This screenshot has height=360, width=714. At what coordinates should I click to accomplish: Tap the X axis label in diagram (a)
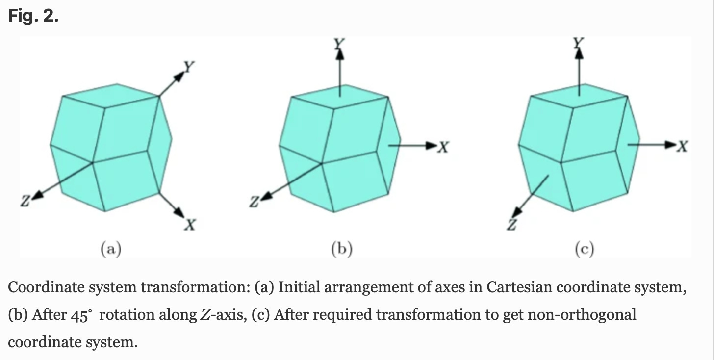point(190,225)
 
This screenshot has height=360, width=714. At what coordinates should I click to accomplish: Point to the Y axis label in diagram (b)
point(338,44)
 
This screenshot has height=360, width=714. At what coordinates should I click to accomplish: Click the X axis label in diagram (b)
point(443,146)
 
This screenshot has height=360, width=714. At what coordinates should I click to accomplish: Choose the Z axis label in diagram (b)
point(254,201)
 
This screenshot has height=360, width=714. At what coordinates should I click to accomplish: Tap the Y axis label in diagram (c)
point(579,43)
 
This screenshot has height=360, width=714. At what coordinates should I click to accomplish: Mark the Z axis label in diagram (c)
point(512,224)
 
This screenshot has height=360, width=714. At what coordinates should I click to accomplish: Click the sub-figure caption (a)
point(111,250)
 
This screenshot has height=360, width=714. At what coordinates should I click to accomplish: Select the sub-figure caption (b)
point(342,250)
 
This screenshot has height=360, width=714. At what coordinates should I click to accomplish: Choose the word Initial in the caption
point(303,287)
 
